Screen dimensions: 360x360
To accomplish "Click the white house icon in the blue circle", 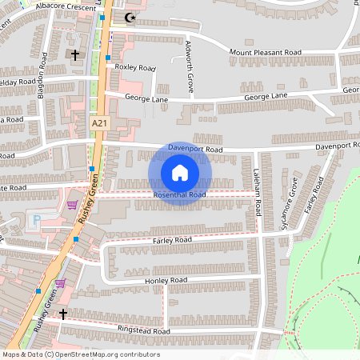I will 180,172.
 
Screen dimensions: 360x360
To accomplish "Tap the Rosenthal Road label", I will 180,194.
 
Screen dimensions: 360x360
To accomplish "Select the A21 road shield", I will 99,123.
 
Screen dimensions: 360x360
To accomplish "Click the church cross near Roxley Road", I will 75,55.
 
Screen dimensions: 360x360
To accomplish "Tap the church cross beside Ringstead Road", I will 63,315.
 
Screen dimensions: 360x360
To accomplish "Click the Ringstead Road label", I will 145,331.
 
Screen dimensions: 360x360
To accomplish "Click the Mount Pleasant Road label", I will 266,52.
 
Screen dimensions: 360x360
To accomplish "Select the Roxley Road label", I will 134,68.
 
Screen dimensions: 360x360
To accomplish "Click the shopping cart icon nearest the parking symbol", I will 73,204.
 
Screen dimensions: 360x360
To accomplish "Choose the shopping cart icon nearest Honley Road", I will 60,283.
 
